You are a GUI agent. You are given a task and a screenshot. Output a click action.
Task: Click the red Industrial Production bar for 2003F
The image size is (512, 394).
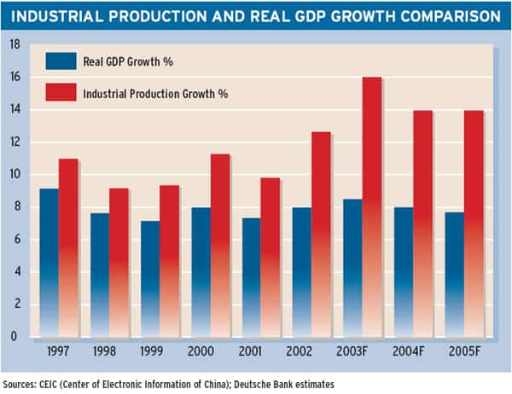(x=372, y=207)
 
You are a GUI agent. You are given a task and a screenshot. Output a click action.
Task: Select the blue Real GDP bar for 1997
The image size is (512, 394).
(x=49, y=263)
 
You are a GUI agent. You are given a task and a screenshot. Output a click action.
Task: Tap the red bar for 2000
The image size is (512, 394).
(x=220, y=246)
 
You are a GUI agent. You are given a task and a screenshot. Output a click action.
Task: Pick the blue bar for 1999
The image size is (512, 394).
(x=150, y=279)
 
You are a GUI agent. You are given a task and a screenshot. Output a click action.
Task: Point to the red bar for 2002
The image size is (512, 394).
(x=321, y=235)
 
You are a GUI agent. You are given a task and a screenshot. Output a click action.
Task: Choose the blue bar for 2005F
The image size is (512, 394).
(x=455, y=275)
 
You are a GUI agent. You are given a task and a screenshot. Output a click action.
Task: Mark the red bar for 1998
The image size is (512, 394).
(x=119, y=263)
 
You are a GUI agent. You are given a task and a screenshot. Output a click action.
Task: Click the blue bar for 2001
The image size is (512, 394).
(x=252, y=277)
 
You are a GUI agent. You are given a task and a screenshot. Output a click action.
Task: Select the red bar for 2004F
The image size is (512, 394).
(x=423, y=224)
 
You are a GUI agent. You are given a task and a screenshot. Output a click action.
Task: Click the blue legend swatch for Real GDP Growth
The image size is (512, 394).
(x=61, y=61)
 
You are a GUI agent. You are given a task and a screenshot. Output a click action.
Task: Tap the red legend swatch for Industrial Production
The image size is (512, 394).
(x=61, y=92)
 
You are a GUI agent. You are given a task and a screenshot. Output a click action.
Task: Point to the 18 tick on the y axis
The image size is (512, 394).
(x=15, y=44)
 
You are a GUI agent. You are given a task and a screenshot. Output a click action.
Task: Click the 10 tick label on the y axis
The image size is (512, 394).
(x=15, y=174)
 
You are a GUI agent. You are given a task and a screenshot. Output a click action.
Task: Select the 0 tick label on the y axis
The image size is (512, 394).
(x=14, y=336)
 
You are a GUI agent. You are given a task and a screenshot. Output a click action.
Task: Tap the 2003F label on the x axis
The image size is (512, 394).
(x=352, y=351)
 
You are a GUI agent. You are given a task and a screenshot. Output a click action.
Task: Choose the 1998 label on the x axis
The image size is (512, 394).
(x=104, y=351)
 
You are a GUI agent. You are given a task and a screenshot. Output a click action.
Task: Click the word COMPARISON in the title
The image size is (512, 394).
(x=451, y=16)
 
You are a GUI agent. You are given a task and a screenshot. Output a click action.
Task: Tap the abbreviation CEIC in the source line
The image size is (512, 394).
(x=48, y=385)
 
